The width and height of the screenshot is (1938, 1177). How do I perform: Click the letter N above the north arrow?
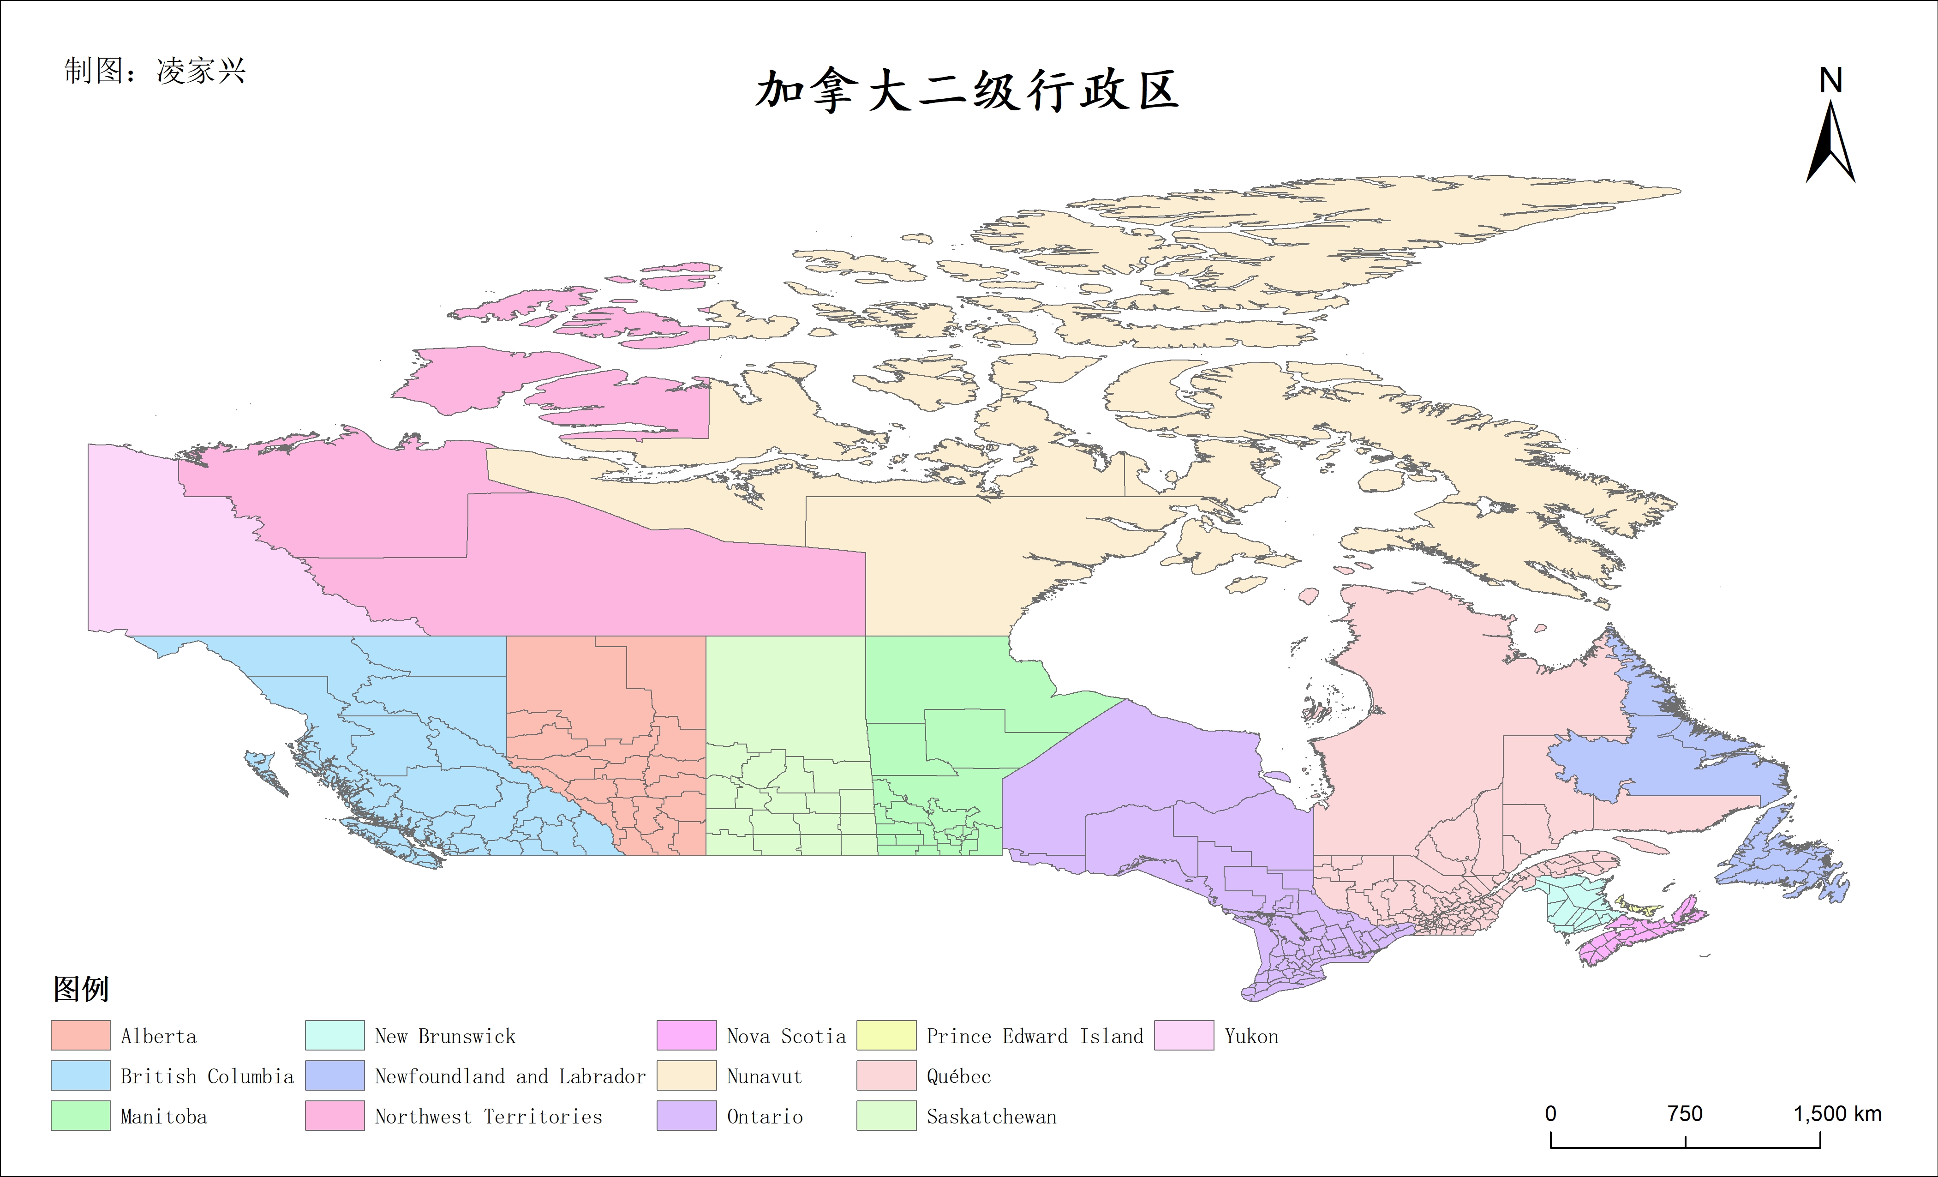click(x=1830, y=80)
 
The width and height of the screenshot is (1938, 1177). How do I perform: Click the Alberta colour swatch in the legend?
click(x=80, y=1035)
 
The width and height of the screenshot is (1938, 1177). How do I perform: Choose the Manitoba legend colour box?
click(x=80, y=1116)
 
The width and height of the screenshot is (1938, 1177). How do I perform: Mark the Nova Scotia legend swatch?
click(x=687, y=1035)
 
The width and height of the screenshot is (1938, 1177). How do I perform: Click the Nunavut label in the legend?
click(x=764, y=1076)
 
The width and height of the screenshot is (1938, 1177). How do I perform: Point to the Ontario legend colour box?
click(x=687, y=1116)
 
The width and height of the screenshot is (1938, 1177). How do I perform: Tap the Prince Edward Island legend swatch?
click(x=886, y=1035)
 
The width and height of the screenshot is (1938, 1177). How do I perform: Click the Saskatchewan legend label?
click(x=991, y=1117)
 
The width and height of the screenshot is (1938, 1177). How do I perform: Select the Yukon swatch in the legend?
click(x=1184, y=1035)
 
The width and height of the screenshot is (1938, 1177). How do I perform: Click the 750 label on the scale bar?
click(x=1685, y=1114)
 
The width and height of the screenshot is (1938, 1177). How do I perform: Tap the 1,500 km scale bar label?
click(x=1837, y=1114)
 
